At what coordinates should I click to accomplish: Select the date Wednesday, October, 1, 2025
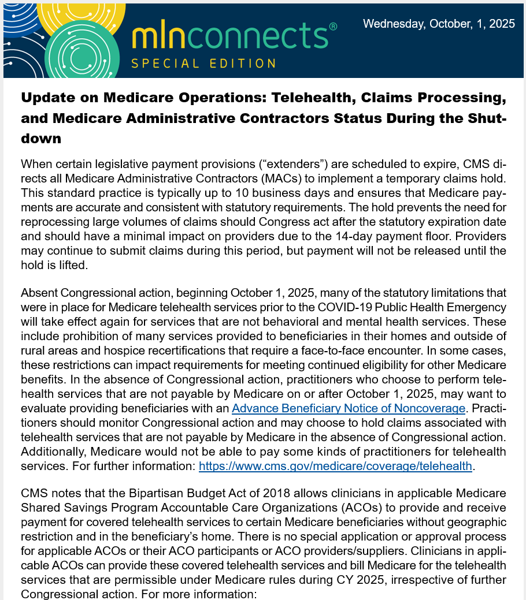point(439,24)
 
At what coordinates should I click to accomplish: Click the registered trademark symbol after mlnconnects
point(333,27)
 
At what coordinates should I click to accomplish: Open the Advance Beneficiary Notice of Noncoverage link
point(349,408)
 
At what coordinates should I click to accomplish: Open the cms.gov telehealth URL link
point(335,466)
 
